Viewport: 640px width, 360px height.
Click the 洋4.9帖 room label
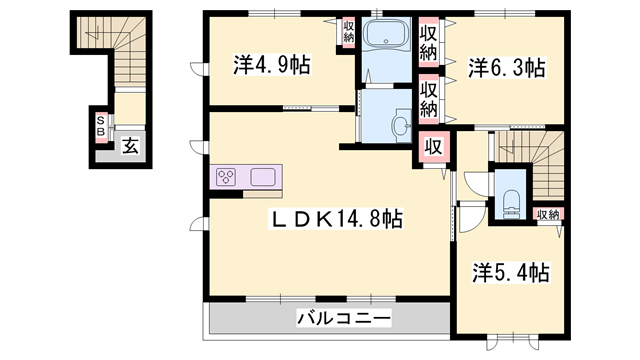tap(271, 67)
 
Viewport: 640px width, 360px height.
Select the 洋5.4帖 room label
tap(511, 271)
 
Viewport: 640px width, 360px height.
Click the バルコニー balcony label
tap(343, 319)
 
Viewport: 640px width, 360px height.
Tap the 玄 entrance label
tap(131, 146)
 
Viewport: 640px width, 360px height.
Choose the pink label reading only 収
tap(433, 147)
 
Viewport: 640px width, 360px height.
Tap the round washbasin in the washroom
tap(399, 125)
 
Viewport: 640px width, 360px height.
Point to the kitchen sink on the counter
tap(264, 177)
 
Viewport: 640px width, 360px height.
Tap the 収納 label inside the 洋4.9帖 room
tap(348, 31)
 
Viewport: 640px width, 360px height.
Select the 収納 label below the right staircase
tap(547, 214)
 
